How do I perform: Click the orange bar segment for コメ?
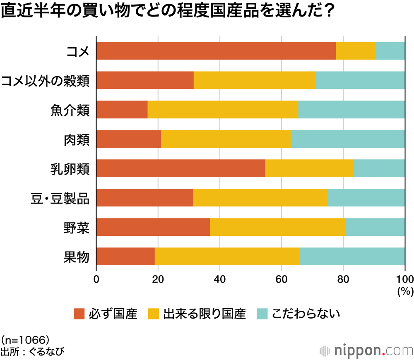tap(216, 51)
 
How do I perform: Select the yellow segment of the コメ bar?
tap(355, 51)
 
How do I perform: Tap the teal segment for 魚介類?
tap(351, 110)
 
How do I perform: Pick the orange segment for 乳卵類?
tap(181, 168)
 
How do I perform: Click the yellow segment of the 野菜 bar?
tap(278, 227)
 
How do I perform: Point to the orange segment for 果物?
tap(125, 257)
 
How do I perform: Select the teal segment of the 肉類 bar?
tap(348, 139)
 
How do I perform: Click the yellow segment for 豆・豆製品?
tap(260, 198)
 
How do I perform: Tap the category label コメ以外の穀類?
tap(45, 81)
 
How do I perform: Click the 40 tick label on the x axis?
tap(220, 278)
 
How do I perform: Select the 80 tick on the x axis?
tap(343, 278)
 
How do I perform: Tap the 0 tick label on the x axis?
tap(96, 278)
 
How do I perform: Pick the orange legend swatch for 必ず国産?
tap(79, 314)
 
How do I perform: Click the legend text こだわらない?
tap(306, 314)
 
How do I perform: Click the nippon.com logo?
tap(367, 351)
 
